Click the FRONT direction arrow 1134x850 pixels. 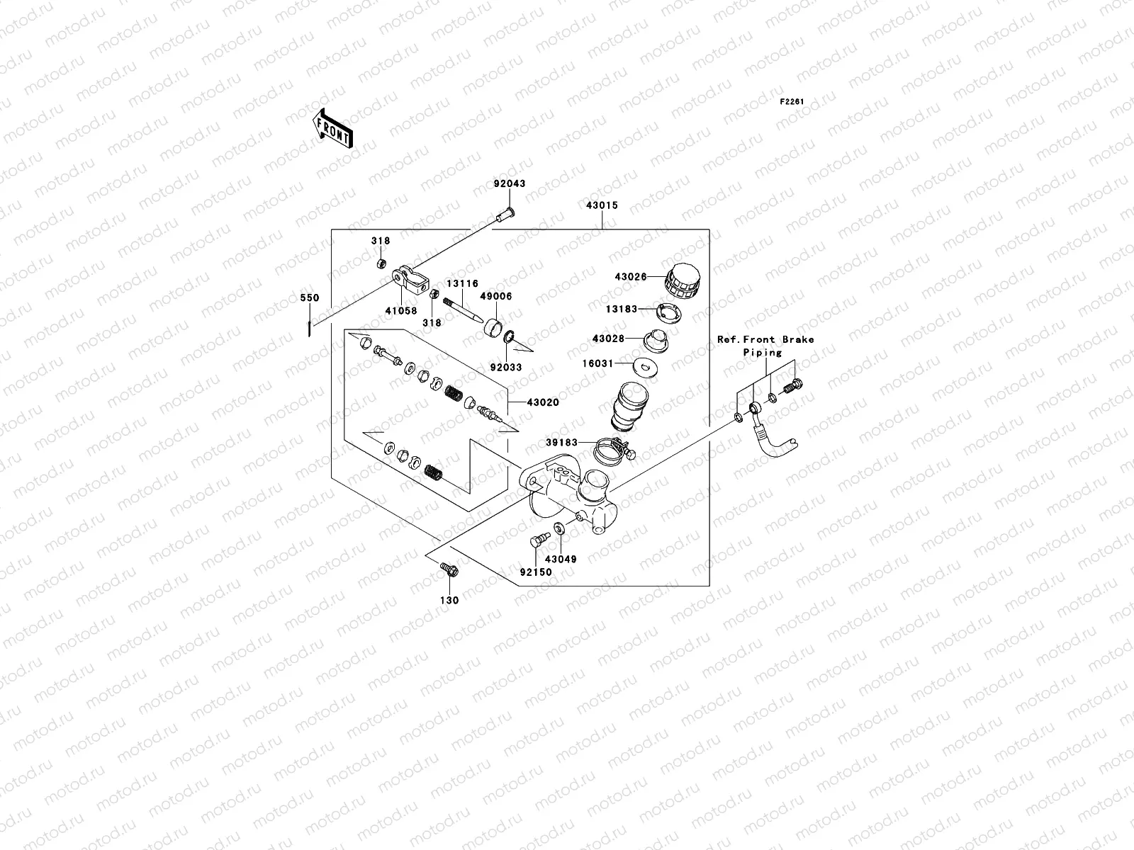click(x=333, y=128)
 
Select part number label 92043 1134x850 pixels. click(x=509, y=183)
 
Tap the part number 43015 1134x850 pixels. click(x=602, y=205)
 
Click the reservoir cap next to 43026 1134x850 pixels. click(x=681, y=280)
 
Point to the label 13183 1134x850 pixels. click(x=622, y=309)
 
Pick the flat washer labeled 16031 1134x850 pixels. click(x=645, y=368)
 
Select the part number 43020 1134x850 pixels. click(x=543, y=402)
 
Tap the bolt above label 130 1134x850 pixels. click(x=449, y=569)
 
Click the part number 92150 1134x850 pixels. click(x=536, y=572)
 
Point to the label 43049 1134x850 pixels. click(x=561, y=559)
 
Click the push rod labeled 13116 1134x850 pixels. click(x=463, y=310)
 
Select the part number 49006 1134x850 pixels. click(x=496, y=296)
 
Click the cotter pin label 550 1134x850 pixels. click(x=310, y=297)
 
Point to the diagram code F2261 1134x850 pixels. click(x=792, y=102)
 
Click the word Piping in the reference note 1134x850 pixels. click(x=763, y=353)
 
